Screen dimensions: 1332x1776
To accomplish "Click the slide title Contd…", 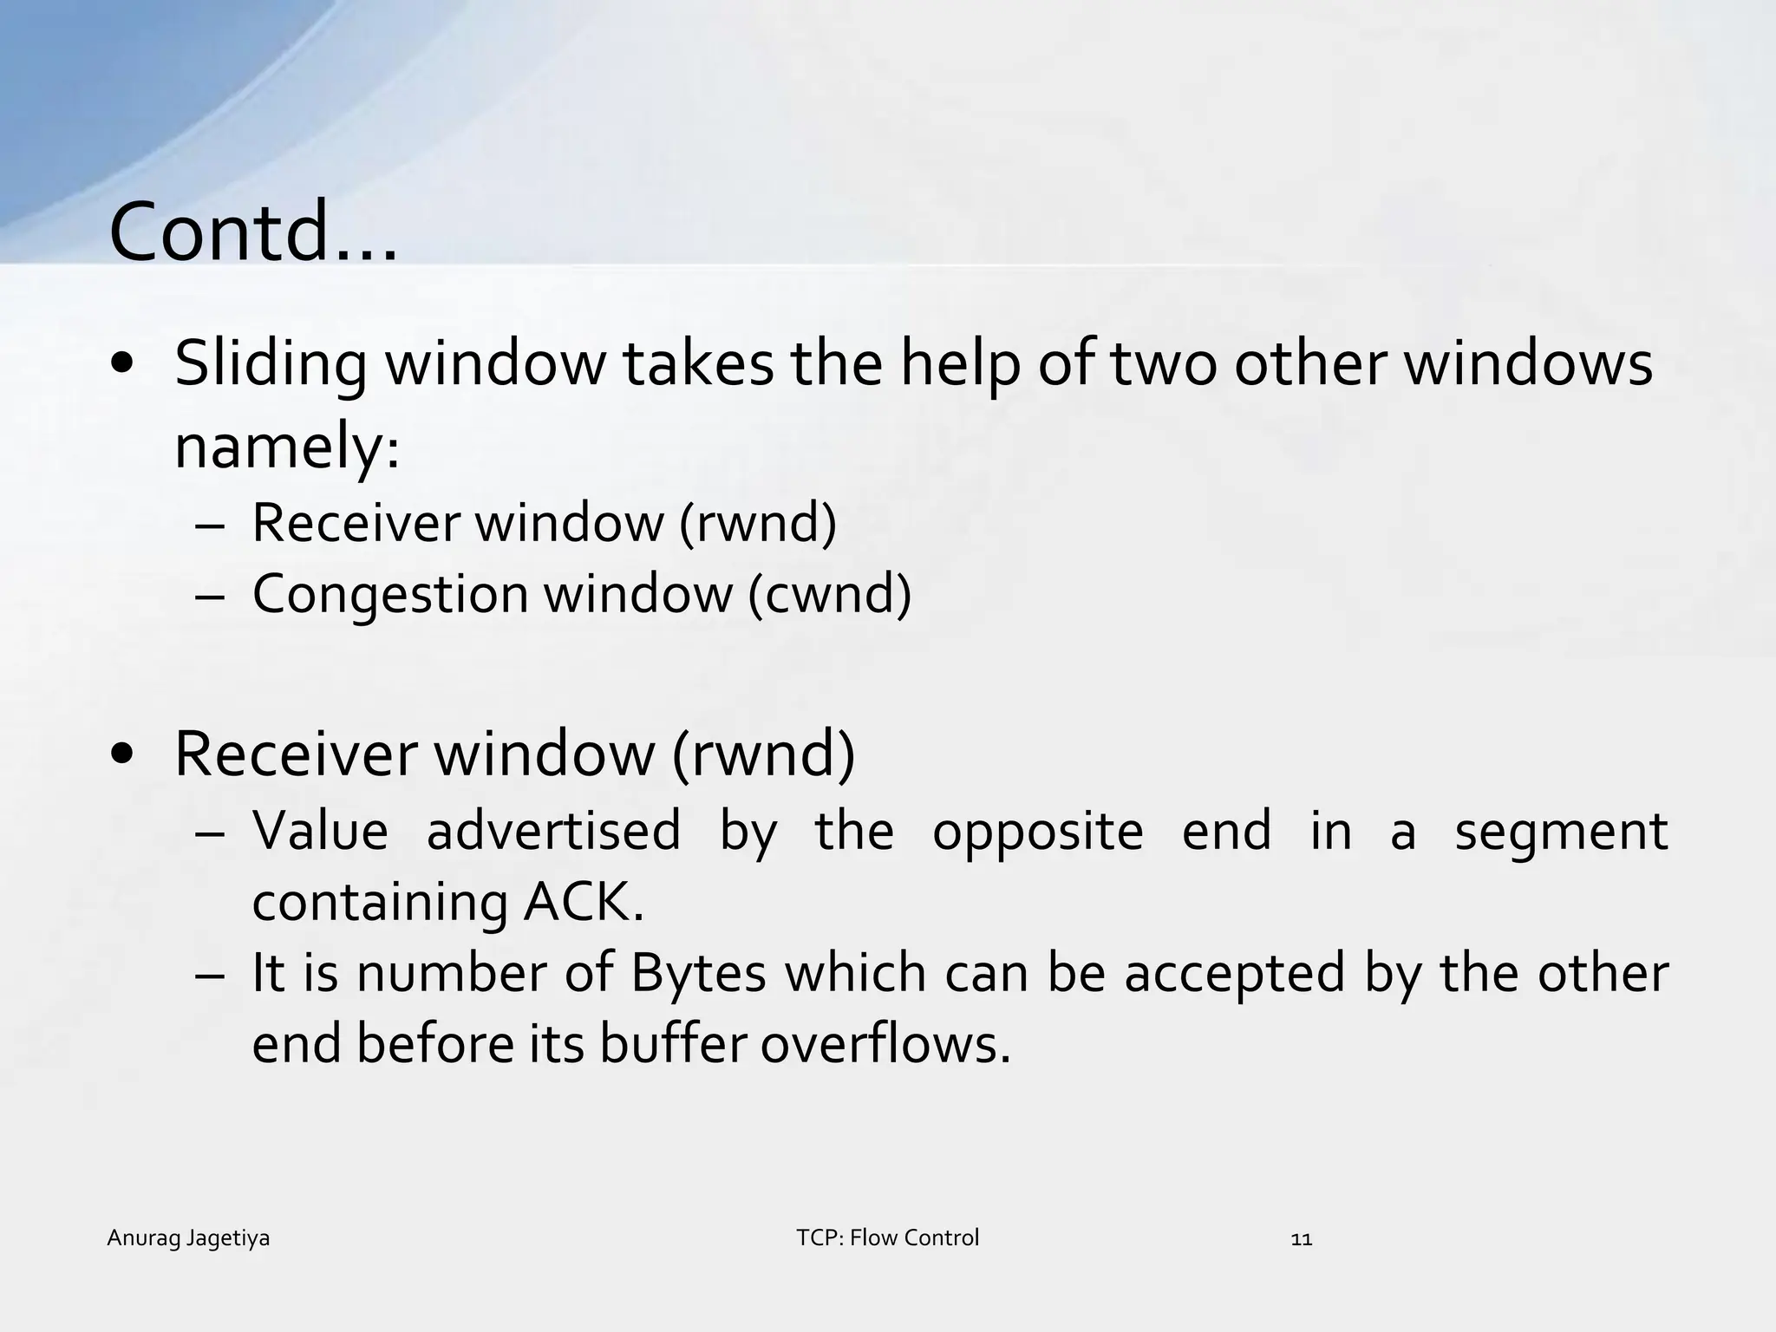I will [253, 232].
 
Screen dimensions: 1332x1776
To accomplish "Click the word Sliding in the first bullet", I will [271, 364].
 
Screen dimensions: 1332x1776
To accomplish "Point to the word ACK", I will [584, 902].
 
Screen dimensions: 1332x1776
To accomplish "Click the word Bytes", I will [698, 973].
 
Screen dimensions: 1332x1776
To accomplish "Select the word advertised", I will [553, 831].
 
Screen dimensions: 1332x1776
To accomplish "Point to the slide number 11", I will [1302, 1239].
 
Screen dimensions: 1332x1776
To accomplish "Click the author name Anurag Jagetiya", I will [188, 1238].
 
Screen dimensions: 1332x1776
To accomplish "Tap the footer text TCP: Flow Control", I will [887, 1237].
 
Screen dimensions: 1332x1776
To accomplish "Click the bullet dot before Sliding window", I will [122, 364].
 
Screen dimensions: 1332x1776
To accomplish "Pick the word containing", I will [379, 904].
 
